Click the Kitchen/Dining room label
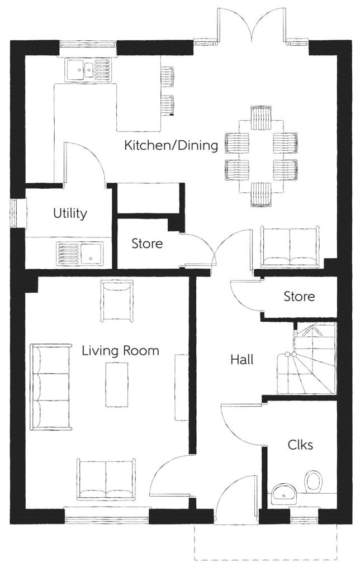point(171,145)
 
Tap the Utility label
point(70,213)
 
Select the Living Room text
point(120,351)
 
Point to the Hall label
point(241,360)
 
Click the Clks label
point(300,445)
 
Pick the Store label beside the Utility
point(147,244)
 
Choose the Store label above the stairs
point(299,296)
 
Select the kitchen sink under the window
point(88,70)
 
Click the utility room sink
point(79,253)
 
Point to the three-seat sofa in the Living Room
point(51,387)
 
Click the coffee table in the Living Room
point(117,384)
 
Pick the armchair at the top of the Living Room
point(116,301)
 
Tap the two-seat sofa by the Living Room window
point(106,479)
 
